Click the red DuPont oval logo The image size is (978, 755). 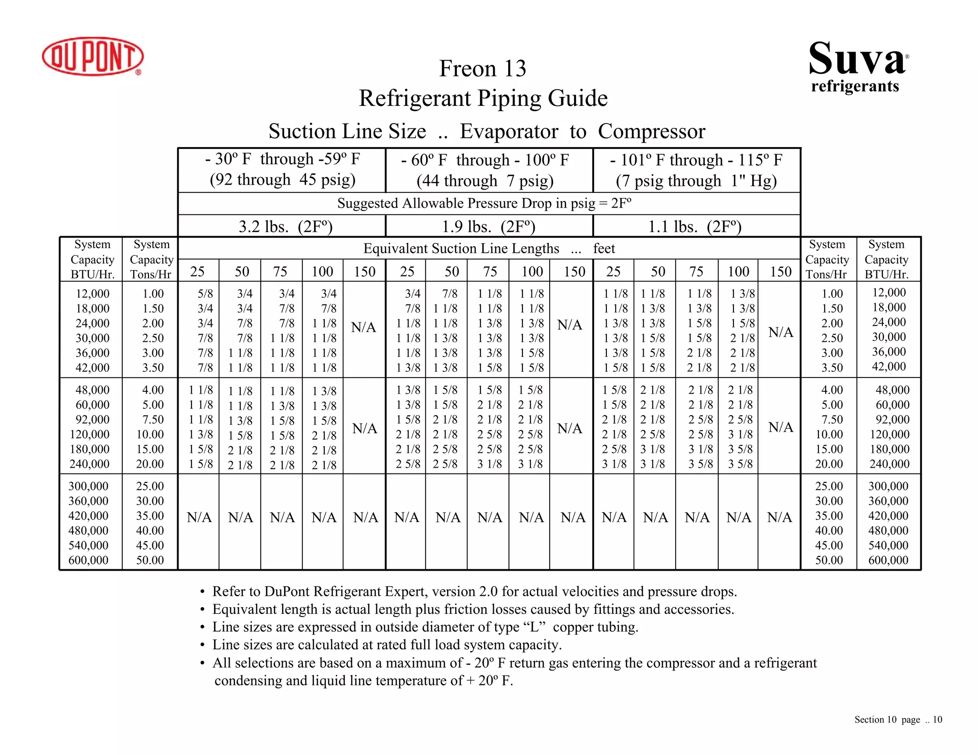click(93, 56)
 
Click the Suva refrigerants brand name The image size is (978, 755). click(858, 66)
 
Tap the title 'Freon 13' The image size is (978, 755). click(482, 68)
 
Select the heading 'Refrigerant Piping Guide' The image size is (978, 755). click(483, 98)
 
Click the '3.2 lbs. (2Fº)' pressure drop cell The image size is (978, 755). click(285, 226)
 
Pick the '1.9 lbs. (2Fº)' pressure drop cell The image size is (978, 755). click(488, 226)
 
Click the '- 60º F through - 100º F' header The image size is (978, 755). click(485, 160)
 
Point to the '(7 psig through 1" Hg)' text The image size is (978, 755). click(696, 181)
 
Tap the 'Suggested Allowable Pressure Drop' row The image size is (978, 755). click(484, 203)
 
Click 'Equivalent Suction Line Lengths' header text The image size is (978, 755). click(461, 249)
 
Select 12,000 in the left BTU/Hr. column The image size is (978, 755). click(93, 294)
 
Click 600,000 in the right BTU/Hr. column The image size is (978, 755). click(888, 560)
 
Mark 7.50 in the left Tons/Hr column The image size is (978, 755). click(153, 419)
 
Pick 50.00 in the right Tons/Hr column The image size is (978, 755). click(829, 560)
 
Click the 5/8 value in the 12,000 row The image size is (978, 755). click(205, 294)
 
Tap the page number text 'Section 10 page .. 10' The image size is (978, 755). click(898, 720)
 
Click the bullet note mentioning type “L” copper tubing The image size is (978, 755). click(425, 627)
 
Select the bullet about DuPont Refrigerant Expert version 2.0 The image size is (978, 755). click(474, 592)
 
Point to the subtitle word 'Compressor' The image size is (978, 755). click(651, 131)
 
